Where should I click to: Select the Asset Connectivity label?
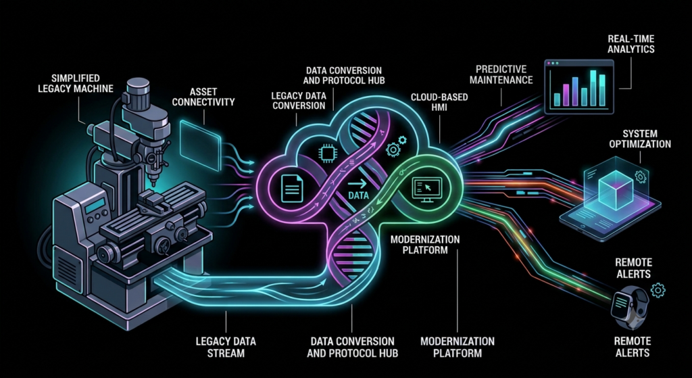pos(203,97)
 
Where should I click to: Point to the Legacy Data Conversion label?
pos(298,100)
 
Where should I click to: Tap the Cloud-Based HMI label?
pos(440,103)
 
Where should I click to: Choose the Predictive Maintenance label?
pos(501,74)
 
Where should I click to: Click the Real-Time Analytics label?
pos(631,44)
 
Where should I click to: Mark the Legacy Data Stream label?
pos(226,347)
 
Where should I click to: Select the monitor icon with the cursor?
pos(426,189)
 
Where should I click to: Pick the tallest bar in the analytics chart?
pos(593,88)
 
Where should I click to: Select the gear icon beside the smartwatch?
pos(658,290)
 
